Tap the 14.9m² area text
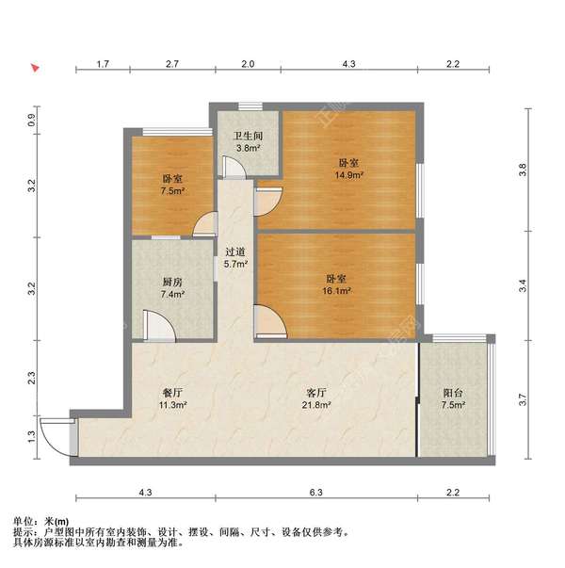point(347,174)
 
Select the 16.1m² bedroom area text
point(339,292)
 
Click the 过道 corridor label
point(235,252)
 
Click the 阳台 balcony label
point(453,393)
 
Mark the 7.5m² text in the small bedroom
point(171,190)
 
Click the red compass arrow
point(34,68)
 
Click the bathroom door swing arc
point(233,167)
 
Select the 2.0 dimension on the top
point(247,64)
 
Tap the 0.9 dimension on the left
point(31,120)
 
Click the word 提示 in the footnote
point(23,532)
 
